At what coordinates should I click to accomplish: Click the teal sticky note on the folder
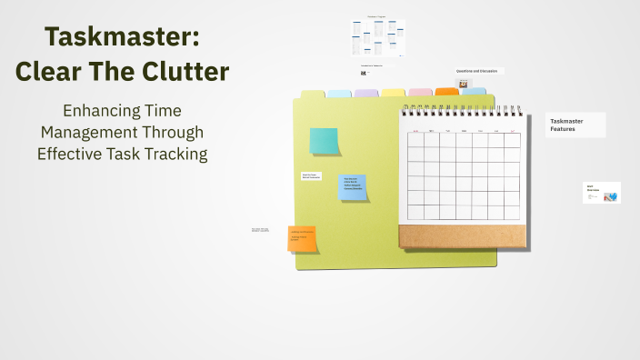tap(324, 141)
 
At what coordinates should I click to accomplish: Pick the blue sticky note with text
tap(352, 186)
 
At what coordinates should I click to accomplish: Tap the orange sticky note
tap(302, 238)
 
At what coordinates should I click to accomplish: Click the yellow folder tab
tap(393, 93)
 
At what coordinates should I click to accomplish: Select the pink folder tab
tap(420, 93)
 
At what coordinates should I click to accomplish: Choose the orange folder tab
tap(447, 92)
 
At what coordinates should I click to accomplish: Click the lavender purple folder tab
tap(365, 94)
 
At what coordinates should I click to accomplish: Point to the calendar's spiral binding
tap(463, 109)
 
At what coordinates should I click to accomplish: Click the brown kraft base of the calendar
tap(462, 235)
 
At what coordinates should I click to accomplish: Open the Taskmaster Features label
tap(575, 125)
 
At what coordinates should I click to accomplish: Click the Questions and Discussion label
tap(477, 71)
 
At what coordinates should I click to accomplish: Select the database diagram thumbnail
tap(377, 38)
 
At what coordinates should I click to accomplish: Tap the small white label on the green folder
tap(311, 175)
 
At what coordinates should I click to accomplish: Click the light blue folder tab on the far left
tap(338, 94)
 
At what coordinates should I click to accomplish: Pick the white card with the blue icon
tap(601, 193)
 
